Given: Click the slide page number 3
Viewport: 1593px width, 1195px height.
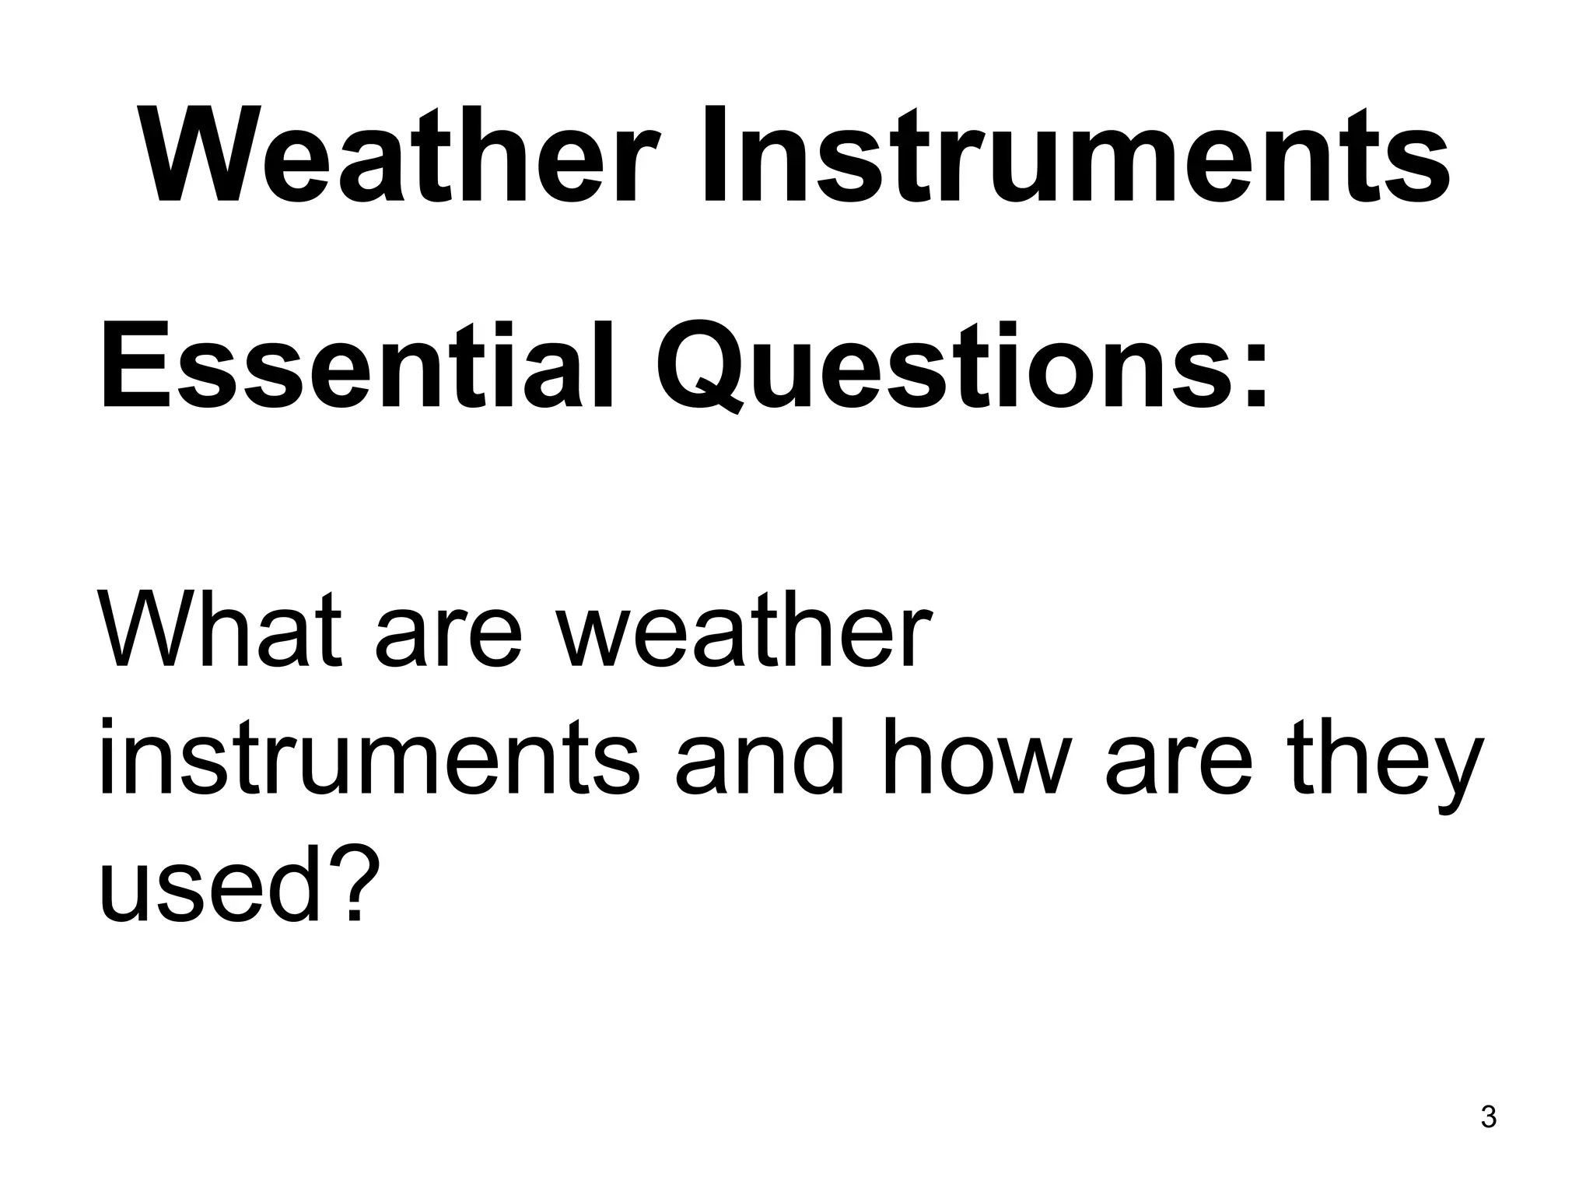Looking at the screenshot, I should [x=1488, y=1139].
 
